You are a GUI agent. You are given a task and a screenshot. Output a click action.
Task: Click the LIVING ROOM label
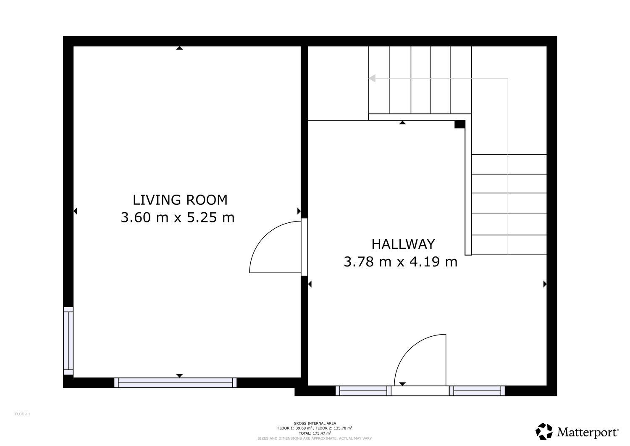[180, 200]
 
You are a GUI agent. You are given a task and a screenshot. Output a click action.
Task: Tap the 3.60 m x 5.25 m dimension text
[177, 218]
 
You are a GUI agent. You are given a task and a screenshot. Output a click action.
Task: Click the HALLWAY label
[403, 244]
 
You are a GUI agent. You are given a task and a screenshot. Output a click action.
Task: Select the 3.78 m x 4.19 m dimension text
[400, 262]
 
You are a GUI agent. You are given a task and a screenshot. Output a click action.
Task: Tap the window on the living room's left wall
[68, 341]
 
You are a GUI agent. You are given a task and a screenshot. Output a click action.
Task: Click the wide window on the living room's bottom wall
[175, 383]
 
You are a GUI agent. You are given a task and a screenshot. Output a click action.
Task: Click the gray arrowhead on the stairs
[372, 78]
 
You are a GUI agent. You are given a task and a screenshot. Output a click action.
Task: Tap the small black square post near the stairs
[459, 124]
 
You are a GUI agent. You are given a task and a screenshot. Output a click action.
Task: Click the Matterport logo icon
[544, 431]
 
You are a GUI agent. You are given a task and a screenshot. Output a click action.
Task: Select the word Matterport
[588, 432]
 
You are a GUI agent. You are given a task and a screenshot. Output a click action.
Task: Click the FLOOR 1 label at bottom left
[23, 414]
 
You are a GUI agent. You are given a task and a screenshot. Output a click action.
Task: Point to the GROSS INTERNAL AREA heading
[315, 423]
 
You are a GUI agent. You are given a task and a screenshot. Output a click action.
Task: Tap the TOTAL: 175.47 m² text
[315, 433]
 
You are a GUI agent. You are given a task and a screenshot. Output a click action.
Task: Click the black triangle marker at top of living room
[179, 48]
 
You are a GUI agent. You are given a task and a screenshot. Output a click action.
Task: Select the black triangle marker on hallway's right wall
[545, 284]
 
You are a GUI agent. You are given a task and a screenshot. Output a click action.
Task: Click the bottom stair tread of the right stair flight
[509, 245]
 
